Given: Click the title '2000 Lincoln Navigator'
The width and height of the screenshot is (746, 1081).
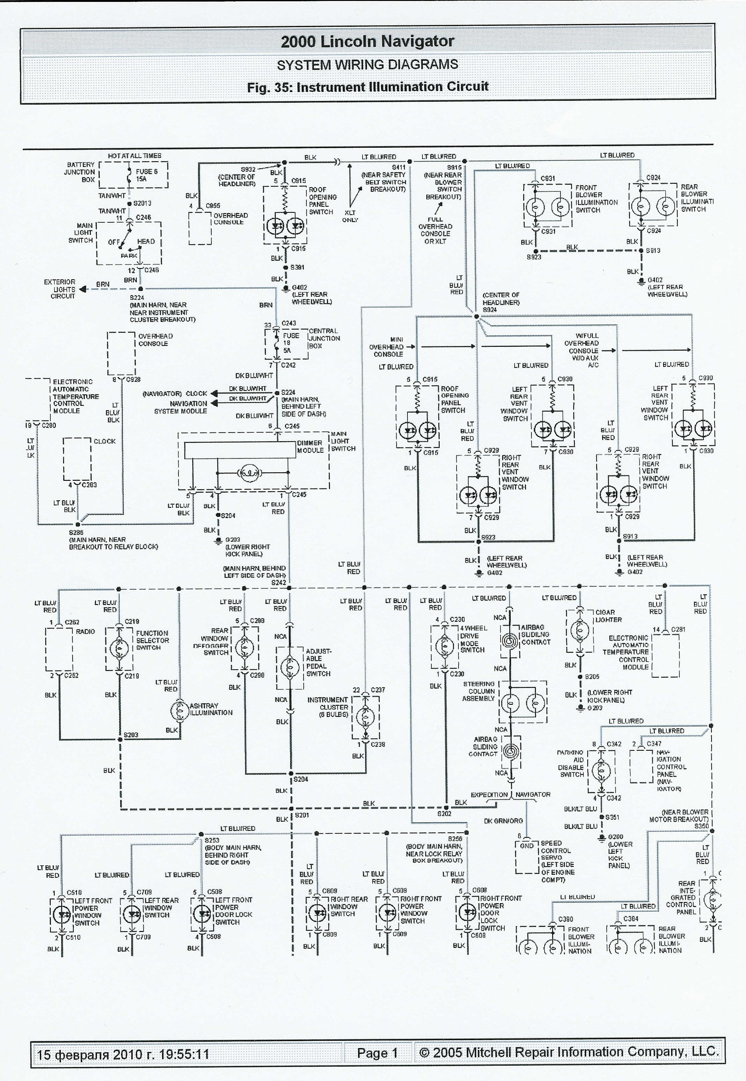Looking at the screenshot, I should [367, 41].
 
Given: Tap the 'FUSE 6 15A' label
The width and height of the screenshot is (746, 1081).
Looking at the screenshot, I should [146, 175].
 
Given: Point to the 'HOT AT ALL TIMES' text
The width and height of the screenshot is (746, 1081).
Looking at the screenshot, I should [135, 156].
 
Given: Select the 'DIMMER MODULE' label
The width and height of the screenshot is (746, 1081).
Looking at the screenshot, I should [310, 446].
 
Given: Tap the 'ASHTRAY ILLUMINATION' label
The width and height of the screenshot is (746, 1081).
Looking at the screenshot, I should [211, 709].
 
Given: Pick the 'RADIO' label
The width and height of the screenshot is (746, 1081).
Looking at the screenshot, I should [85, 631].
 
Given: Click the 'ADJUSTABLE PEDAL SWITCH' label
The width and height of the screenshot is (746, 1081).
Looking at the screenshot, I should [318, 662].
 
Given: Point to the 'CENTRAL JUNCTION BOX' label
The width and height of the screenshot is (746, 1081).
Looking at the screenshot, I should [324, 338].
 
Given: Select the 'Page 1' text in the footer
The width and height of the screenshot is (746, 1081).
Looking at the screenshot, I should [377, 1053].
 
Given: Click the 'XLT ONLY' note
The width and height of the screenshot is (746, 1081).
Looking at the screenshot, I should [350, 216].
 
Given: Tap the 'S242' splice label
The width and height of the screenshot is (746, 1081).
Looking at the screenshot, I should [279, 582].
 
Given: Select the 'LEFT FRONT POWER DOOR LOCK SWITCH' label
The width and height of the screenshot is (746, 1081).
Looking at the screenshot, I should [233, 911].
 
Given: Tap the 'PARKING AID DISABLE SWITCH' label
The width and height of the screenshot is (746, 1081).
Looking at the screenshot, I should [571, 764].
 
